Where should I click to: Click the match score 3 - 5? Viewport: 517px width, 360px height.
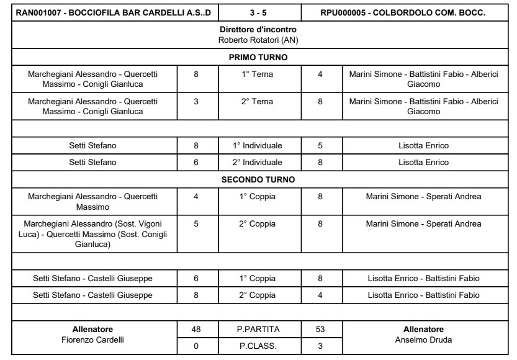coord(258,12)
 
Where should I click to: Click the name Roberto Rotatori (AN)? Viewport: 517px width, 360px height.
coord(258,40)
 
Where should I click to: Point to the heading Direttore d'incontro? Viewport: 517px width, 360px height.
coord(258,30)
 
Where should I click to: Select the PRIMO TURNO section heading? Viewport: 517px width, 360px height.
coord(258,57)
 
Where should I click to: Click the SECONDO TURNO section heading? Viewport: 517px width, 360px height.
coord(258,179)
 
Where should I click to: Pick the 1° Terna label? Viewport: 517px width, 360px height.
coord(258,74)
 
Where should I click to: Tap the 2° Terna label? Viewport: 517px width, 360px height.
coord(258,102)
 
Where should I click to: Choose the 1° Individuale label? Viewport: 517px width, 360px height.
coord(258,146)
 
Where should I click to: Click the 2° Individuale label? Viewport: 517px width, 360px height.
coord(258,162)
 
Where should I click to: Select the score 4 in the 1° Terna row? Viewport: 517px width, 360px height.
coord(320,74)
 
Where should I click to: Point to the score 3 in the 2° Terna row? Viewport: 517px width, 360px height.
coord(196,102)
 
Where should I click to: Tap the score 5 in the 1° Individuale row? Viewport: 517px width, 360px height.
coord(320,146)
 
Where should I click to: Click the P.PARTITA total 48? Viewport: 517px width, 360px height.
coord(196,329)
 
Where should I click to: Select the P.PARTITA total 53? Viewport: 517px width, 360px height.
coord(320,329)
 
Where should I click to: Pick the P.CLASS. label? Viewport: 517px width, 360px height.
coord(258,346)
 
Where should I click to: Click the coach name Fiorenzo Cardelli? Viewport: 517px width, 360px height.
coord(94,340)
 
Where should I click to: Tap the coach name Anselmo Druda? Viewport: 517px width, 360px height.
coord(423,340)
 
